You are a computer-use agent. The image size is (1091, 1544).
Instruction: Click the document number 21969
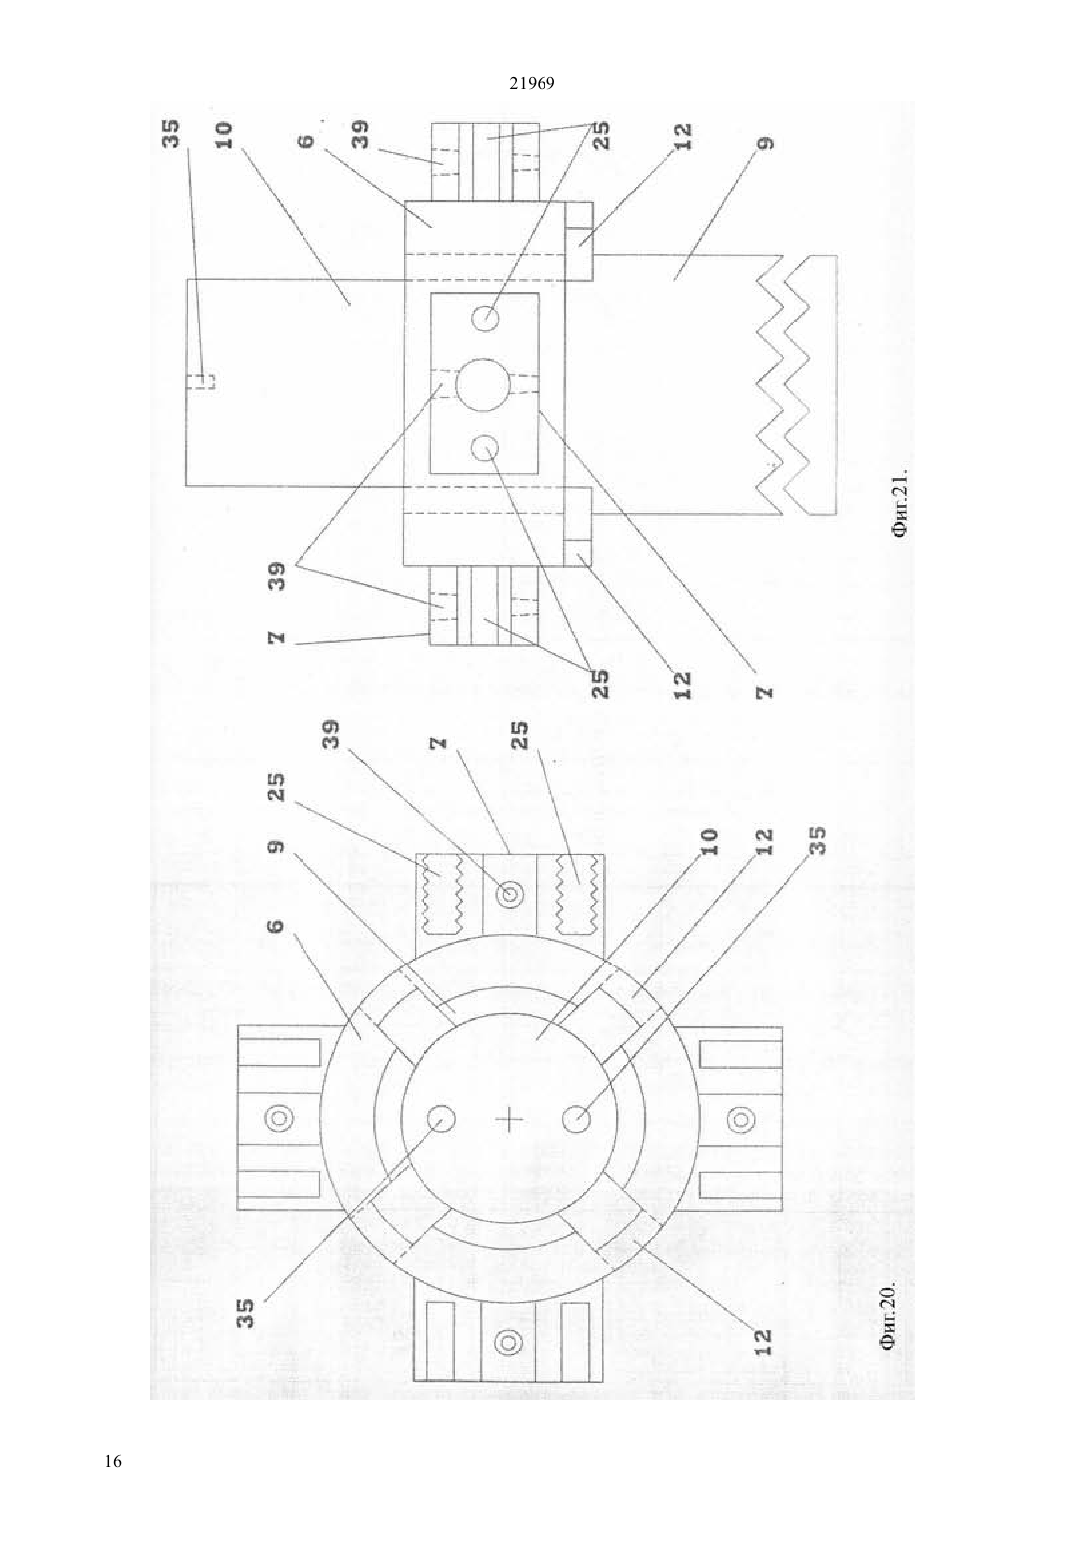coord(532,83)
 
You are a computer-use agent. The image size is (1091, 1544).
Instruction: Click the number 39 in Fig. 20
coord(332,737)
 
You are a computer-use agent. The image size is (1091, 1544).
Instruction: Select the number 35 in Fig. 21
coord(170,134)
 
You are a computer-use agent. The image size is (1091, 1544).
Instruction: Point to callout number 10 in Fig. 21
coord(224,135)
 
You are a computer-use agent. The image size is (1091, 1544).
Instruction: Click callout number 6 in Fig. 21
coord(307,140)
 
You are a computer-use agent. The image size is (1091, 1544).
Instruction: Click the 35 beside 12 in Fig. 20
coord(817,840)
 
